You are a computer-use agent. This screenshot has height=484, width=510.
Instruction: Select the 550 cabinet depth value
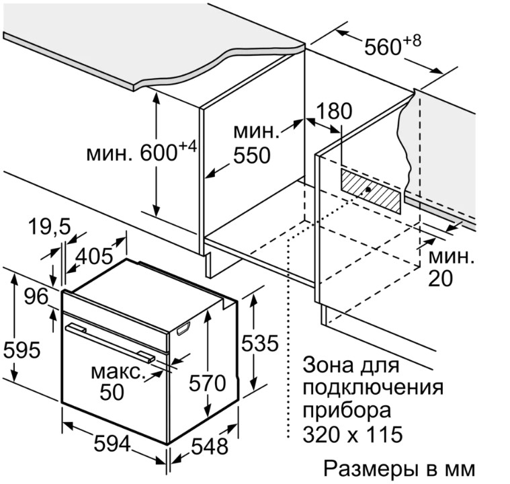pos(251,156)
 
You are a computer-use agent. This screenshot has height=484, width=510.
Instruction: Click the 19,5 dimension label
pos(50,228)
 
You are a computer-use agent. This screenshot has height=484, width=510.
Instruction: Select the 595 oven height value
pos(22,350)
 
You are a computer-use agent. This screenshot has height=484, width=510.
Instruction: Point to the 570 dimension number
pos(207,384)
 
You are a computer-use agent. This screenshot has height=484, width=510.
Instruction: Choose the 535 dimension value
pos(260,344)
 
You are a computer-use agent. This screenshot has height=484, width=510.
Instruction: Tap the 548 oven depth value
pos(208,446)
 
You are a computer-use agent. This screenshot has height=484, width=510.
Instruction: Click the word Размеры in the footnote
pos(367,467)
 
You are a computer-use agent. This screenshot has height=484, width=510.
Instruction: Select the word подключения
pos(373,389)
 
